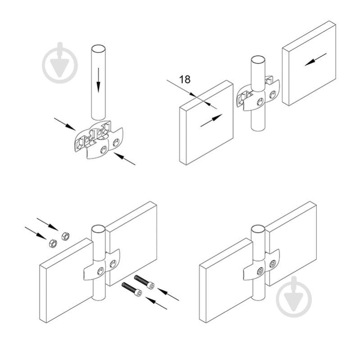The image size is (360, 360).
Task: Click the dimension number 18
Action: (185, 79)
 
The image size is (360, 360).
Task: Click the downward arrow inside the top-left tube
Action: (99, 80)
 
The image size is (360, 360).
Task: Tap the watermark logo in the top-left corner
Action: (60, 63)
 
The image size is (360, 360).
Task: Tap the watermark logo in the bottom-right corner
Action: (294, 296)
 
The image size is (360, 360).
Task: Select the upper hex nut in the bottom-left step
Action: (65, 236)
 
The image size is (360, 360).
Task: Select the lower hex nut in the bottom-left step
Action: (53, 243)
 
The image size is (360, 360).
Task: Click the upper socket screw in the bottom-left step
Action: (144, 282)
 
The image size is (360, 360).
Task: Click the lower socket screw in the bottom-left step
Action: (132, 289)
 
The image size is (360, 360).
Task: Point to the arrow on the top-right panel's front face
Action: (315, 59)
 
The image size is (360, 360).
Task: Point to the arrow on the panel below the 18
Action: (211, 120)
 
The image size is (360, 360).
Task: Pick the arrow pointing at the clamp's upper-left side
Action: (65, 124)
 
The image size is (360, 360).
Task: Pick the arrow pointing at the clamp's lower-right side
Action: (124, 159)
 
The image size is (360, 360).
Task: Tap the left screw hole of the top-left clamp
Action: (104, 150)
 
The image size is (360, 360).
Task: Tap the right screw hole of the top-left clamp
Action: (116, 142)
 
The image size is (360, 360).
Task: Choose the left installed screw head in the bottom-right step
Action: (260, 271)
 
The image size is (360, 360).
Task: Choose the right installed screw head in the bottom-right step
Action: (273, 264)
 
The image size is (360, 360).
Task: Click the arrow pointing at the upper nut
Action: (47, 224)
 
